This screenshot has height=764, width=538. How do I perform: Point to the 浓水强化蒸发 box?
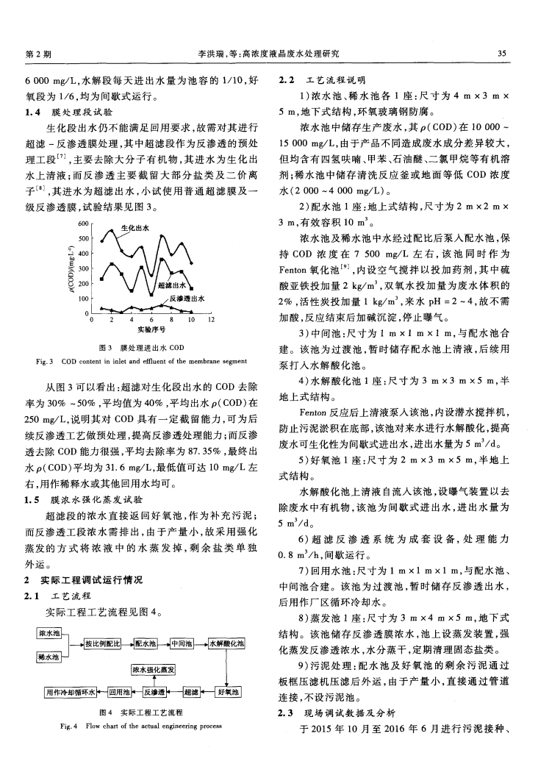(153, 670)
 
